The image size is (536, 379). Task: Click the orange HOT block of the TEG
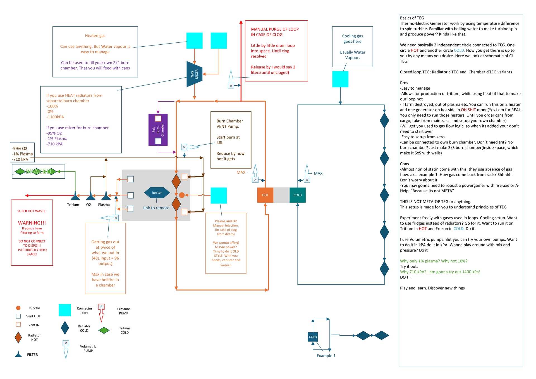(265, 195)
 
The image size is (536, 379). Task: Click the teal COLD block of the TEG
(298, 195)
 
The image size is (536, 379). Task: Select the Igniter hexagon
(157, 193)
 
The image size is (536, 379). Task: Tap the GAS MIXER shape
(194, 74)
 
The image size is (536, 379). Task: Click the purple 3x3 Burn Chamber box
(158, 130)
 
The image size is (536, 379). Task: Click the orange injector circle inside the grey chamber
(182, 195)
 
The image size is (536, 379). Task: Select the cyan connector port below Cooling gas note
(340, 79)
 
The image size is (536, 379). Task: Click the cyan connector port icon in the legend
(65, 310)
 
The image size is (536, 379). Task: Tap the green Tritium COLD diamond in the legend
(104, 330)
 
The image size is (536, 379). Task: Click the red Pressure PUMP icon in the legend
(101, 313)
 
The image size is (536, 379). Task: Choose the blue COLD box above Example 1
(313, 337)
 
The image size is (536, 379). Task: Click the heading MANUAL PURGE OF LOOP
(275, 29)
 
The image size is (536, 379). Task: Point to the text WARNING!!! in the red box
(32, 223)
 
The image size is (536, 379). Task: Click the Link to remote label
(156, 208)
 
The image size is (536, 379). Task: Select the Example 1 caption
(326, 356)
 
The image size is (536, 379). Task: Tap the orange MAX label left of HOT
(241, 172)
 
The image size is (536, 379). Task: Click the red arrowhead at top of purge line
(241, 22)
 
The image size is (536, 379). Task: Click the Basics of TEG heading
(412, 18)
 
